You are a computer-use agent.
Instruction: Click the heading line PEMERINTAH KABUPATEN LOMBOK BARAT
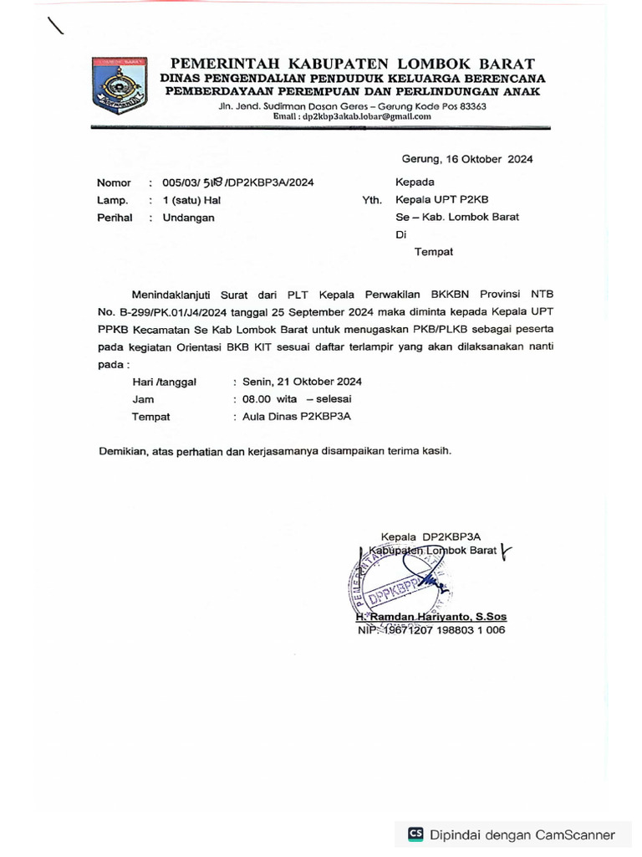(x=353, y=64)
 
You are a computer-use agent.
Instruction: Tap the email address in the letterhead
(x=352, y=117)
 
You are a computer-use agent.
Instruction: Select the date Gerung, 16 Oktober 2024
(x=466, y=159)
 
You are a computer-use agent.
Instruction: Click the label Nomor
(x=114, y=182)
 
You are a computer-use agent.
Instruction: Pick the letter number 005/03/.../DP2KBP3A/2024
(x=238, y=182)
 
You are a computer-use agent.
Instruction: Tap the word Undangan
(x=188, y=218)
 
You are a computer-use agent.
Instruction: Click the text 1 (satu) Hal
(x=191, y=200)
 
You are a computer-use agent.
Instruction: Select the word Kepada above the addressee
(x=415, y=182)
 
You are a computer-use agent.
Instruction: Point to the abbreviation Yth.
(x=372, y=200)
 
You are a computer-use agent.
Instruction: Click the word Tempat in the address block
(x=433, y=251)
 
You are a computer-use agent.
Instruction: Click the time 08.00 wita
(x=270, y=399)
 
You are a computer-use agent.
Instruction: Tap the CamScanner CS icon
(x=415, y=834)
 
